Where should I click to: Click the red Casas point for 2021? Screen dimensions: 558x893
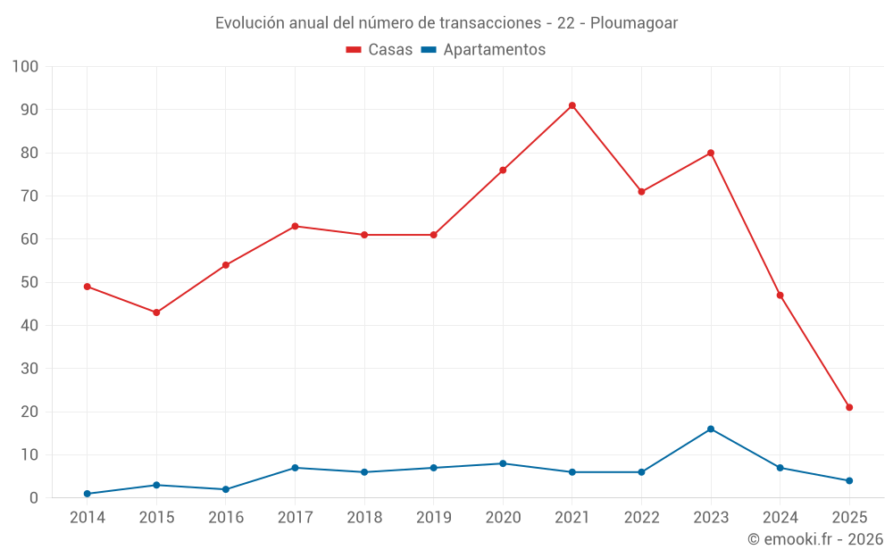click(572, 105)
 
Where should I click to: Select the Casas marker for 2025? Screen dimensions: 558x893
click(849, 407)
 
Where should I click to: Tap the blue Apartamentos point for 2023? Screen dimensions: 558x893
click(711, 429)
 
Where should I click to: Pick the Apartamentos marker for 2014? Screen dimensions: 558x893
click(88, 494)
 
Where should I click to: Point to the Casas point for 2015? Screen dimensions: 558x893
click(156, 312)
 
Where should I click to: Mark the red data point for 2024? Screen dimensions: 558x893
click(780, 296)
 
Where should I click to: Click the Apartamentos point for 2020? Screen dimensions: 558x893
click(503, 463)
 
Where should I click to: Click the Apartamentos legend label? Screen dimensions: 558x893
click(494, 50)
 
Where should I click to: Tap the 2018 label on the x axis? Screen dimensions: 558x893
click(364, 518)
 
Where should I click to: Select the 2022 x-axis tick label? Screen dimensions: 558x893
click(641, 518)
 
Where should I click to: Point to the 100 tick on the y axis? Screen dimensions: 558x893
click(25, 67)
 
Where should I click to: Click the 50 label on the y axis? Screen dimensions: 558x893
click(29, 282)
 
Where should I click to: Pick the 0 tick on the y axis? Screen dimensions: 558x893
click(34, 498)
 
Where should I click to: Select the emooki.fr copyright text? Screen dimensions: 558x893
click(814, 539)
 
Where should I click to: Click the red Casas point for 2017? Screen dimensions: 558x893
click(295, 226)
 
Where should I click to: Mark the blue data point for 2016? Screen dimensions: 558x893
click(226, 489)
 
